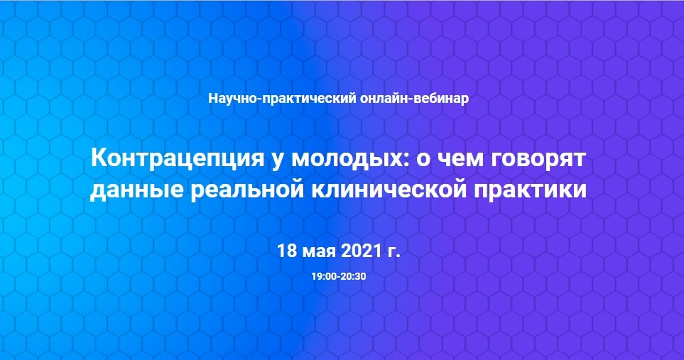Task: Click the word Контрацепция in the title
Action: (x=178, y=159)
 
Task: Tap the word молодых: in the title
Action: (x=350, y=159)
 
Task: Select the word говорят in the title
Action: (x=538, y=160)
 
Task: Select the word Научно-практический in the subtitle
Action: (x=282, y=99)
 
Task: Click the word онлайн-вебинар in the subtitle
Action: (x=414, y=99)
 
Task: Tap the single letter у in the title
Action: (x=278, y=162)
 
